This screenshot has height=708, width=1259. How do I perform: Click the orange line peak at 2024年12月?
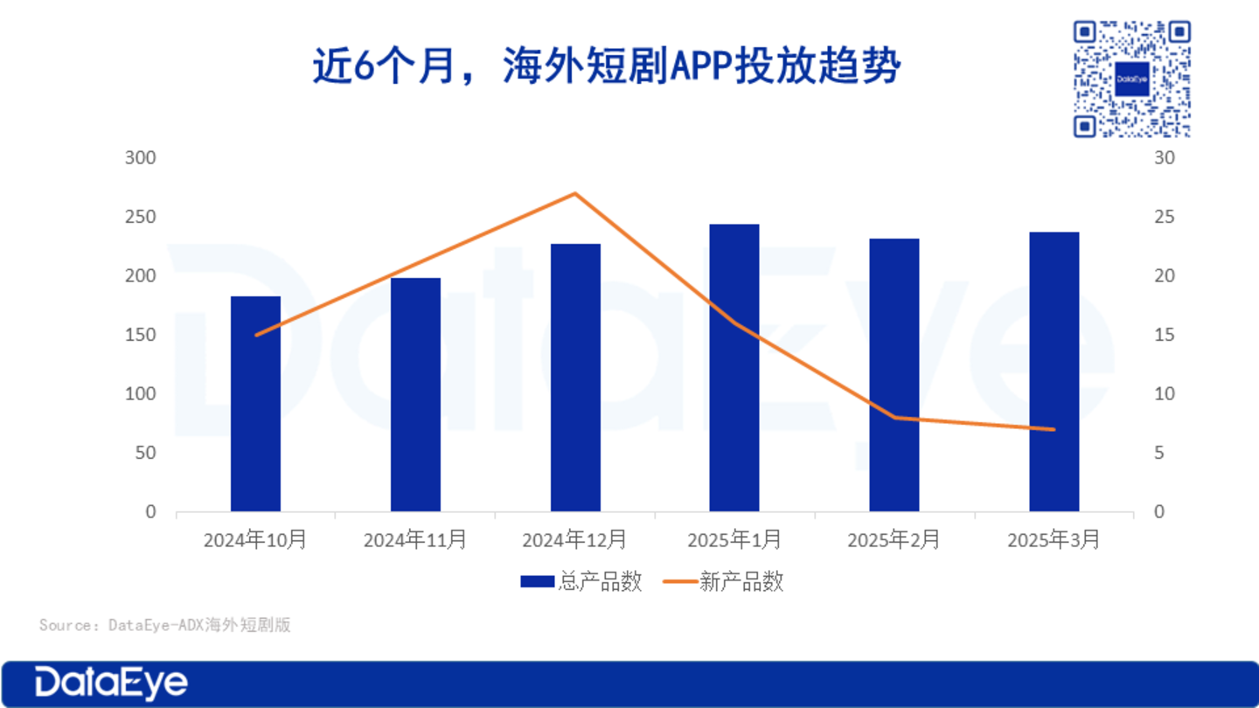tap(574, 193)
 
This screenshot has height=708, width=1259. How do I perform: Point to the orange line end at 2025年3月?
tap(1054, 429)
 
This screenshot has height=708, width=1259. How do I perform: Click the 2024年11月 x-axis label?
tap(415, 540)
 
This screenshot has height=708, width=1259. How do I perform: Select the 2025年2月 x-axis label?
tap(894, 540)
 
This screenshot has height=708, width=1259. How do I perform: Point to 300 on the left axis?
tap(140, 158)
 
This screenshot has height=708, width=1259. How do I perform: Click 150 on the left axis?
tap(140, 335)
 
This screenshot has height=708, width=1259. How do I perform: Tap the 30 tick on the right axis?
tap(1165, 158)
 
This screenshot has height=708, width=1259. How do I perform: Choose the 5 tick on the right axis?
tap(1160, 453)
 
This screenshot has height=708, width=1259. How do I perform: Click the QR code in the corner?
tap(1131, 79)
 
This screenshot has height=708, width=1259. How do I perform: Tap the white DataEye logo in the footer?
tap(111, 684)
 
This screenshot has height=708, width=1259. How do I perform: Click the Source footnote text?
tap(164, 625)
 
